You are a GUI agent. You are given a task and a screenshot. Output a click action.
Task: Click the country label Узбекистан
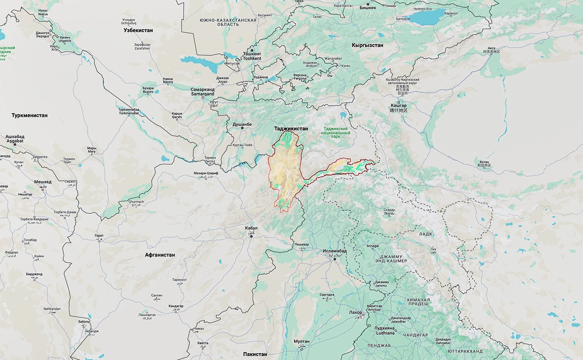(138, 30)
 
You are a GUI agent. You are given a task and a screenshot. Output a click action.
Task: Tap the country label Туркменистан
(30, 115)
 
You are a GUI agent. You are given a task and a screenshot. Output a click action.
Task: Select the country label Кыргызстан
(367, 45)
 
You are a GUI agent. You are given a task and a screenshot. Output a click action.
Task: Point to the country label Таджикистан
(291, 128)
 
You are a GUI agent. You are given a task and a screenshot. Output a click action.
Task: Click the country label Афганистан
(160, 255)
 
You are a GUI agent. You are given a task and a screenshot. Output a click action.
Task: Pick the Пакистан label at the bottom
(255, 354)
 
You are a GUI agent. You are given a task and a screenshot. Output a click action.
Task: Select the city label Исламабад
(335, 251)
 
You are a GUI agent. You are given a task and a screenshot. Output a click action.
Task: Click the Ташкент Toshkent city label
(252, 55)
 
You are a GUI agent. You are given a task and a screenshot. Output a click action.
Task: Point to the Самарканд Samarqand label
(203, 92)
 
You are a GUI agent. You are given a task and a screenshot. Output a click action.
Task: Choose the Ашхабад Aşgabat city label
(15, 139)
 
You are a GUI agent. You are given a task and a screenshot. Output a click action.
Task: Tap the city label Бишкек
(368, 8)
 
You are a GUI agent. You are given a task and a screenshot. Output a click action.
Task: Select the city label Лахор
(355, 313)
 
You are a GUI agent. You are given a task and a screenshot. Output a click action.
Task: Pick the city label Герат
(99, 236)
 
